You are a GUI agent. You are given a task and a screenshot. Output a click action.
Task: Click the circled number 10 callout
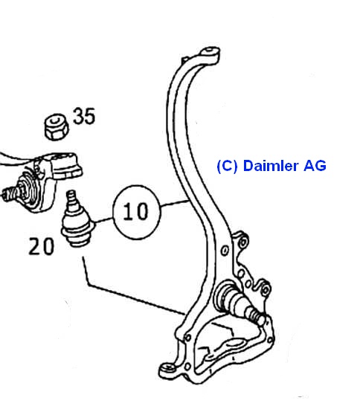pyautogui.click(x=136, y=212)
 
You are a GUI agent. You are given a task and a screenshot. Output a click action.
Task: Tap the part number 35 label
pyautogui.click(x=84, y=116)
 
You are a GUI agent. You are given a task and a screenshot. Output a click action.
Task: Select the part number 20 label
pyautogui.click(x=42, y=246)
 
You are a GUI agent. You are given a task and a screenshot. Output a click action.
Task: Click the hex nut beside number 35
pyautogui.click(x=56, y=126)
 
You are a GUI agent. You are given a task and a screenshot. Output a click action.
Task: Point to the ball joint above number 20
pyautogui.click(x=77, y=220)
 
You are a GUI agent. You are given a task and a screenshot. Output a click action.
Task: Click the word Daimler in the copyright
pyautogui.click(x=271, y=166)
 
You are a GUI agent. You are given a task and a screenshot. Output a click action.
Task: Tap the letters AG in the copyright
pyautogui.click(x=315, y=166)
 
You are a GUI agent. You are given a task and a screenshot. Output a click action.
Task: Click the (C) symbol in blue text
pyautogui.click(x=227, y=166)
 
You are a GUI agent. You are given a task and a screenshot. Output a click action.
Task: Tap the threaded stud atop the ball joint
pyautogui.click(x=71, y=199)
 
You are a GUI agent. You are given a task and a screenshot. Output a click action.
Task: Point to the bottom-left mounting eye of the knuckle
pyautogui.click(x=167, y=368)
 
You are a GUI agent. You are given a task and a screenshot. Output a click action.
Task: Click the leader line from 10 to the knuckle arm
pyautogui.click(x=175, y=204)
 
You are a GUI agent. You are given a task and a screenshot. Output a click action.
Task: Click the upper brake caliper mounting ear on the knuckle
pyautogui.click(x=242, y=241)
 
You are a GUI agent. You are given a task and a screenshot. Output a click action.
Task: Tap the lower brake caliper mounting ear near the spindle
pyautogui.click(x=264, y=289)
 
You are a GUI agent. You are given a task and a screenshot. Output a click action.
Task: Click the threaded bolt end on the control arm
pyautogui.click(x=9, y=193)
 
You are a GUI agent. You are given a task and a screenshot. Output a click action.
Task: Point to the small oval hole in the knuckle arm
pyautogui.click(x=225, y=251)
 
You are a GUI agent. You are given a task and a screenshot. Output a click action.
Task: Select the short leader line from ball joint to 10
pyautogui.click(x=104, y=221)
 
